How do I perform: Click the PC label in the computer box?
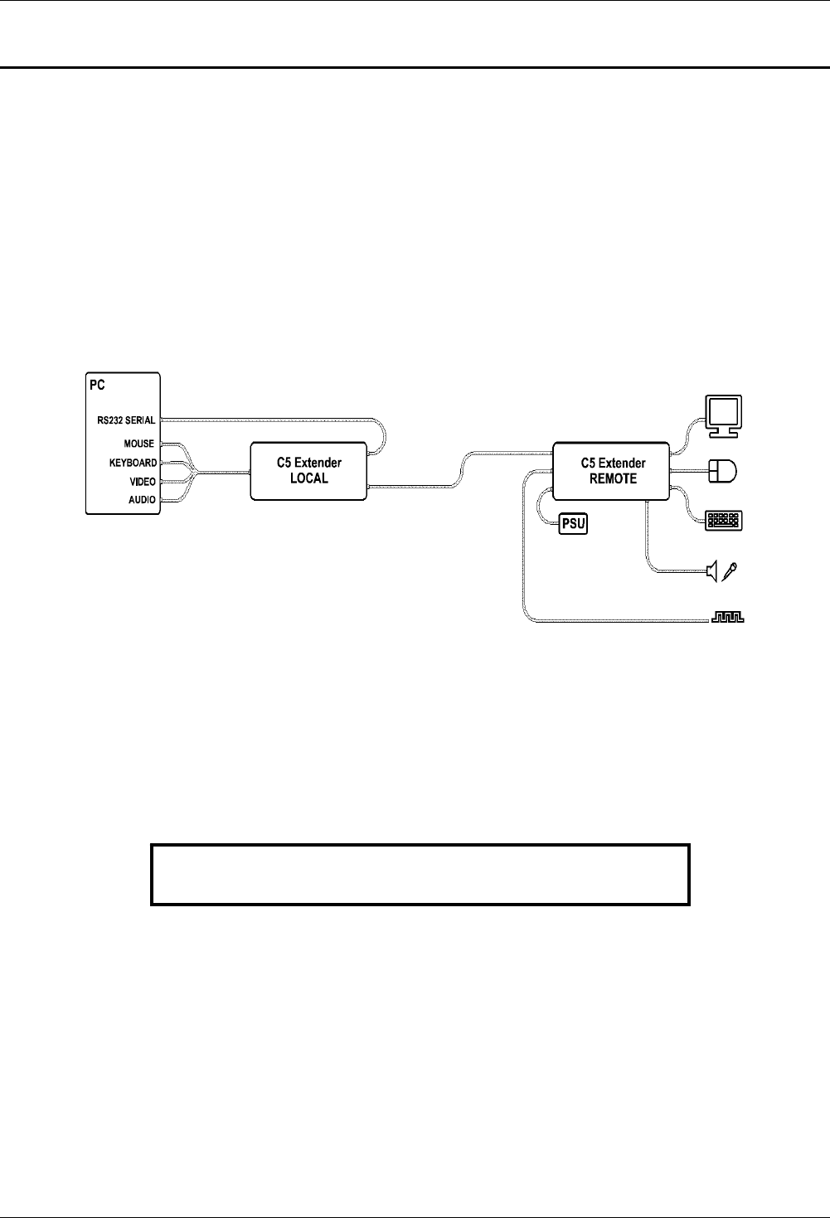(x=98, y=386)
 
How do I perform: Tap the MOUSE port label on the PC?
(x=138, y=444)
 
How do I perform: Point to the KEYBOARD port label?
(x=133, y=463)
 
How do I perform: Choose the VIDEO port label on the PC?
(x=142, y=481)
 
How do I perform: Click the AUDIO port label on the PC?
(x=142, y=500)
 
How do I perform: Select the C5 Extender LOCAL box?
(x=308, y=470)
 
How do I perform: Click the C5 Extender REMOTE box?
(x=612, y=470)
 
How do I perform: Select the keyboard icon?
(x=724, y=521)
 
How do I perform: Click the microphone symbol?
(x=731, y=570)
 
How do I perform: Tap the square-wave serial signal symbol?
(x=729, y=619)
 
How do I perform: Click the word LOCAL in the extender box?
(x=308, y=478)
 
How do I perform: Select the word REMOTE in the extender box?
(x=613, y=478)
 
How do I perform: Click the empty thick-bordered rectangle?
(x=420, y=874)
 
